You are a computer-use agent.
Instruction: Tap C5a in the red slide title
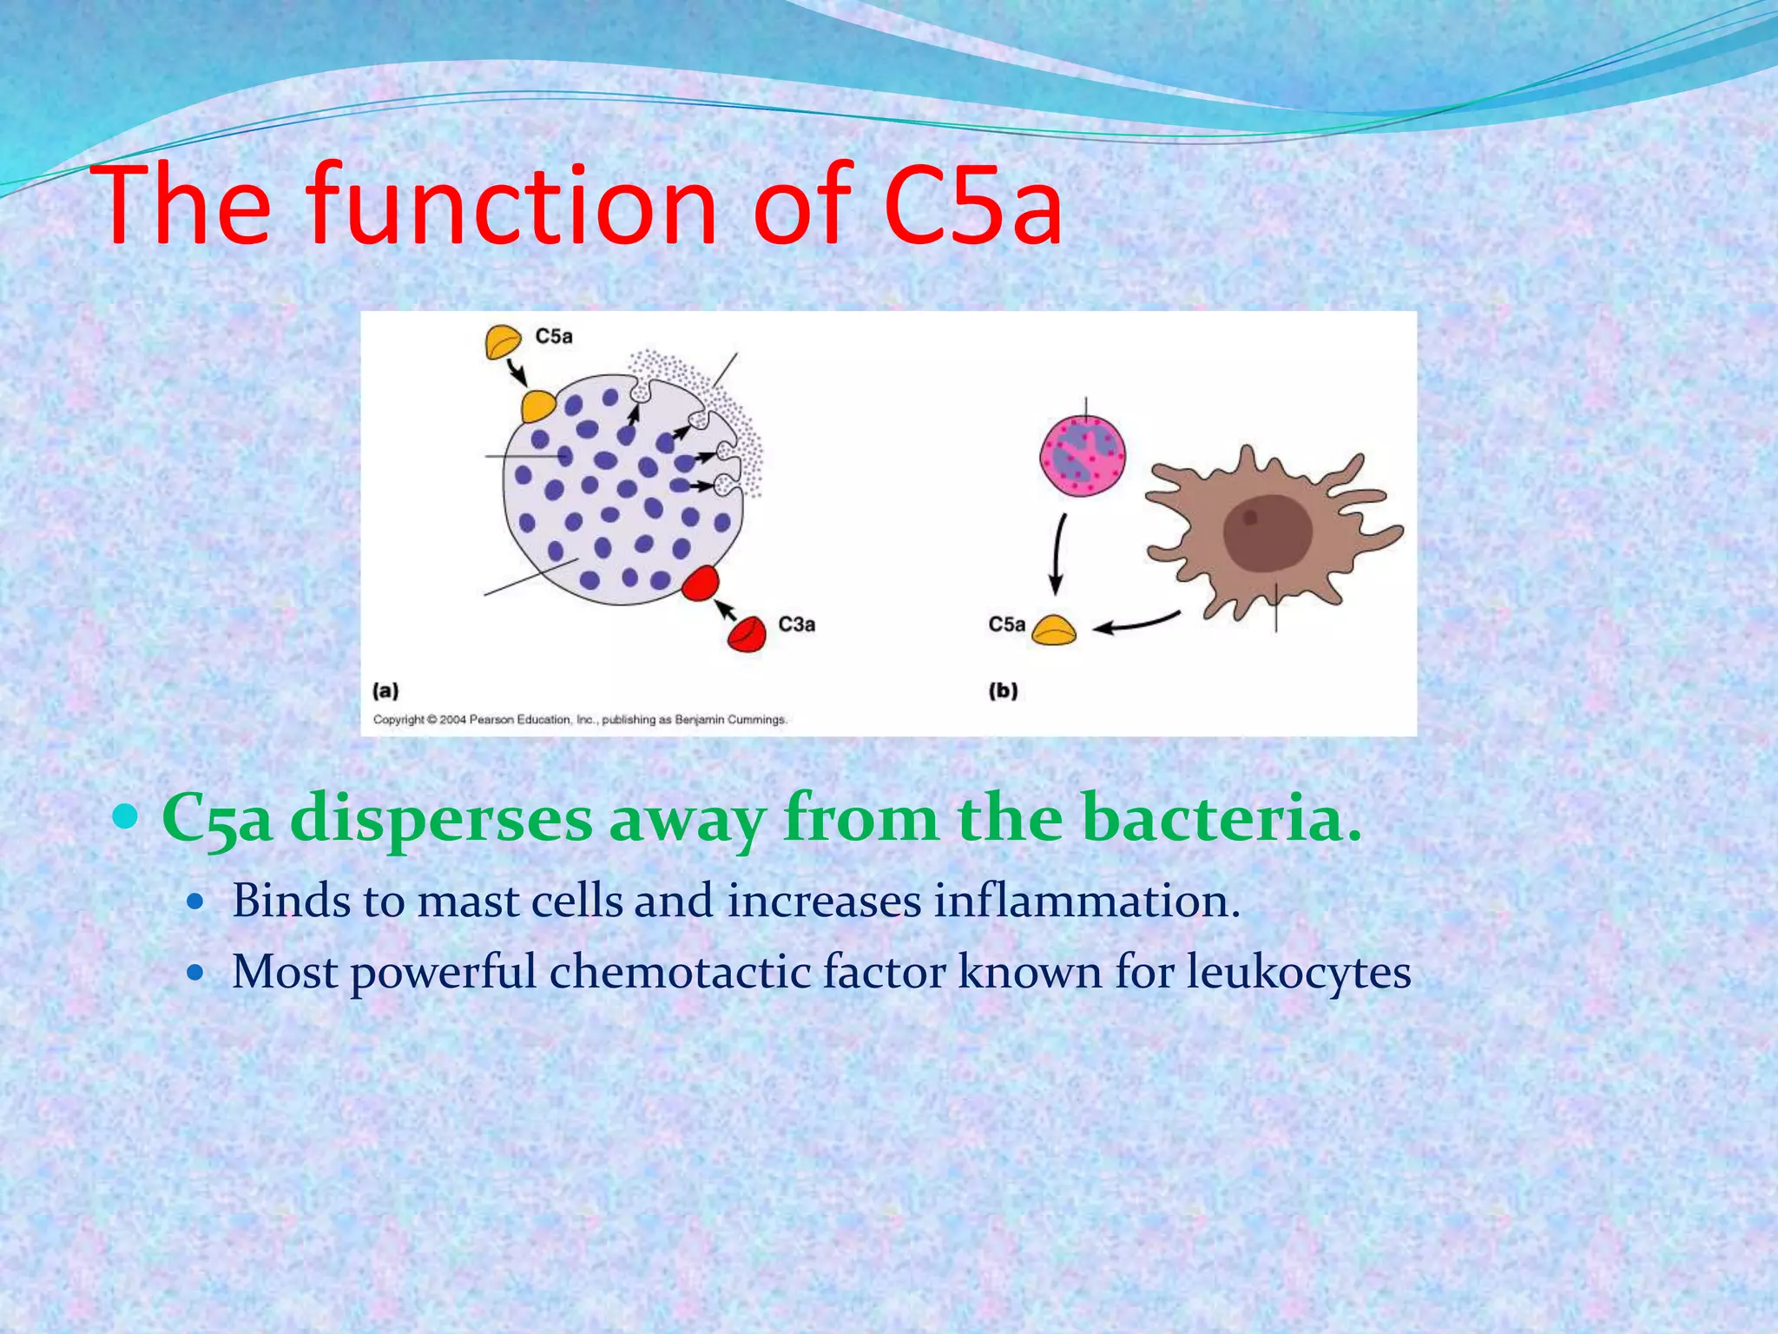(x=972, y=207)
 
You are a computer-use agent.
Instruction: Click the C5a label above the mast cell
(x=553, y=336)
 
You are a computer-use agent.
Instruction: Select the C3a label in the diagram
(x=796, y=624)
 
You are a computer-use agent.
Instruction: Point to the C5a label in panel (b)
(x=1006, y=624)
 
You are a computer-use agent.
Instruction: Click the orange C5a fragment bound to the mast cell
(x=537, y=406)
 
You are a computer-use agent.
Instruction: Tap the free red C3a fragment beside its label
(x=747, y=634)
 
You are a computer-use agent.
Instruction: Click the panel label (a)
(x=385, y=691)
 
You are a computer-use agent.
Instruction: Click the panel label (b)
(x=1003, y=691)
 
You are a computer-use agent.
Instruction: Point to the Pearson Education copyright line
(x=580, y=719)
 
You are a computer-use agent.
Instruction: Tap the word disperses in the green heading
(x=441, y=818)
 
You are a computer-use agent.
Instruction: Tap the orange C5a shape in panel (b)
(x=1054, y=630)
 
